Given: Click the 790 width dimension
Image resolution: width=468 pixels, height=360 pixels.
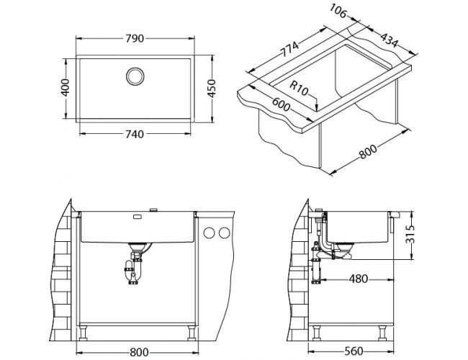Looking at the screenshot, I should (134, 30).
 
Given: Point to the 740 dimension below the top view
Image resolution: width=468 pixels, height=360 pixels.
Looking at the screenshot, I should (134, 134).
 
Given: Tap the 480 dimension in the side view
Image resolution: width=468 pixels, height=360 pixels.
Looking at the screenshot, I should (356, 279).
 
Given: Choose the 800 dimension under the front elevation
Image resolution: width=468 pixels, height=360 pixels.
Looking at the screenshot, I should (140, 351).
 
